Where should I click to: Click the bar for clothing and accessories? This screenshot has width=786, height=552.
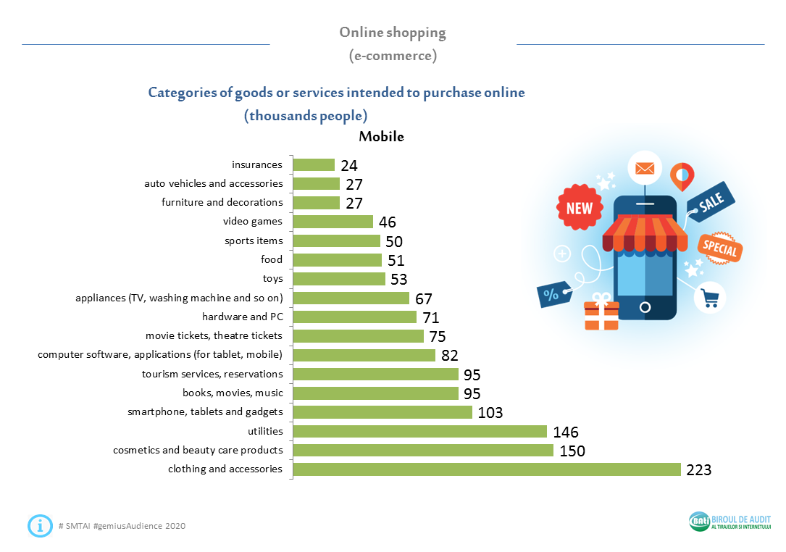pyautogui.click(x=487, y=469)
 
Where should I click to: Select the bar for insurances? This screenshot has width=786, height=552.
pyautogui.click(x=314, y=165)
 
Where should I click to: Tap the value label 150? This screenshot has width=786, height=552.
pyautogui.click(x=572, y=451)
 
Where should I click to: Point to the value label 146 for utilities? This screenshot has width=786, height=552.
pyautogui.click(x=565, y=432)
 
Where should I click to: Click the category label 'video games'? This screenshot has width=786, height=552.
pyautogui.click(x=253, y=221)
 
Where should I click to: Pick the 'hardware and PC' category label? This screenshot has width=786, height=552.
pyautogui.click(x=242, y=317)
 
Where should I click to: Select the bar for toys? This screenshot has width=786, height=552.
pyautogui.click(x=339, y=279)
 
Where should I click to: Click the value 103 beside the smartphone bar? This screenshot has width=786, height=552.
pyautogui.click(x=490, y=413)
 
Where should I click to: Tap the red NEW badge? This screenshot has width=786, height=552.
pyautogui.click(x=579, y=208)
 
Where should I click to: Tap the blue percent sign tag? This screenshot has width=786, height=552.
pyautogui.click(x=552, y=294)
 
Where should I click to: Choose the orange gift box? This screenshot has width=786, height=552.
pyautogui.click(x=601, y=312)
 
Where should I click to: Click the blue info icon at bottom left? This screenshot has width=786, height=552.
pyautogui.click(x=40, y=525)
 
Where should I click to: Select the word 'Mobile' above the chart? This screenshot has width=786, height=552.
pyautogui.click(x=381, y=136)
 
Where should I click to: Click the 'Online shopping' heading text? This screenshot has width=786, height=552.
pyautogui.click(x=393, y=33)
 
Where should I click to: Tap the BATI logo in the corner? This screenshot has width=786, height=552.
pyautogui.click(x=699, y=522)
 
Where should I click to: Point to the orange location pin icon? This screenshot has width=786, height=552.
pyautogui.click(x=682, y=175)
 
